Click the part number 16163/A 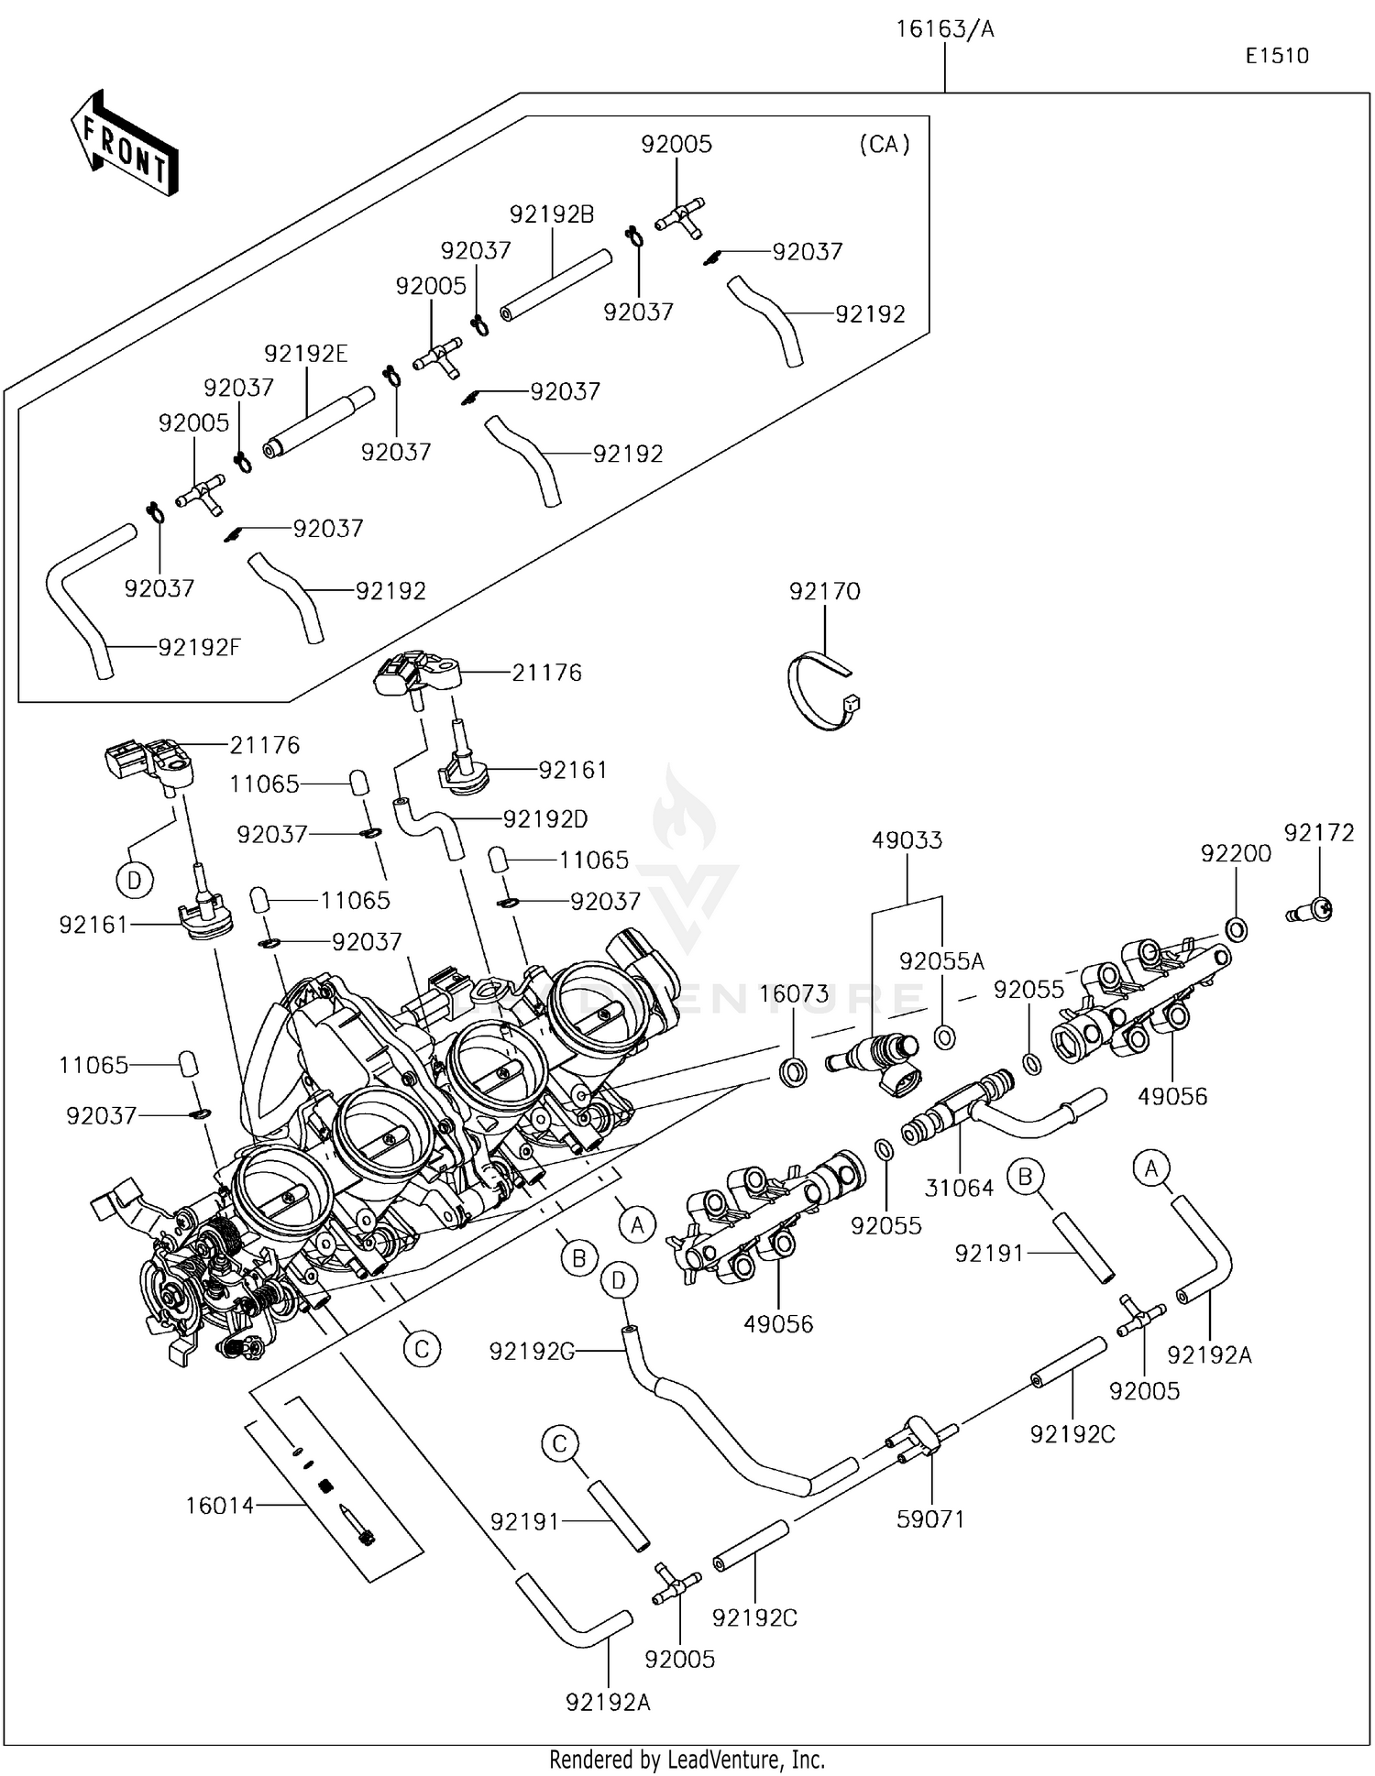pyautogui.click(x=944, y=29)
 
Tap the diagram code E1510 pyautogui.click(x=1276, y=56)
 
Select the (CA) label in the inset pyautogui.click(x=885, y=144)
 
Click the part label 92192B pyautogui.click(x=551, y=214)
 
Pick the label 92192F pyautogui.click(x=199, y=648)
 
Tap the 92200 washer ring pyautogui.click(x=1235, y=929)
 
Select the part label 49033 pyautogui.click(x=907, y=839)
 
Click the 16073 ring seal pyautogui.click(x=794, y=1069)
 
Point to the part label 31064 pyautogui.click(x=959, y=1188)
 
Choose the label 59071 pyautogui.click(x=930, y=1519)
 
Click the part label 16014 pyautogui.click(x=219, y=1505)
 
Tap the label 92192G pyautogui.click(x=532, y=1351)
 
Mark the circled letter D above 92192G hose pyautogui.click(x=619, y=1280)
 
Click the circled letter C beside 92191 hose pyautogui.click(x=560, y=1445)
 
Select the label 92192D pyautogui.click(x=544, y=818)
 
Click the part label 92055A pyautogui.click(x=941, y=961)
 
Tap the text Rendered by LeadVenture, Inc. pyautogui.click(x=687, y=1760)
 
